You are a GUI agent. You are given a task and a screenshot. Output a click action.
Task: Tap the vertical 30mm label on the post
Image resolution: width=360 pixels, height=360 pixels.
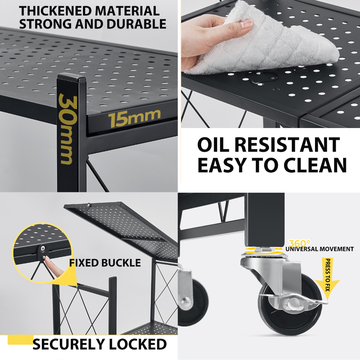pyautogui.click(x=67, y=129)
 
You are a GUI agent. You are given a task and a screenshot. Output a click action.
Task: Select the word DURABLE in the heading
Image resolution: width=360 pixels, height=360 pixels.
pyautogui.click(x=136, y=24)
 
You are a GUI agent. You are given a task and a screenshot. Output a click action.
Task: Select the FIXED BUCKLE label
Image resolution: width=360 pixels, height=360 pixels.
pyautogui.click(x=105, y=263)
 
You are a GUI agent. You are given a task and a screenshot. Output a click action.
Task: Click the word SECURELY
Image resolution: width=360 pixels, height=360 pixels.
pyautogui.click(x=69, y=344)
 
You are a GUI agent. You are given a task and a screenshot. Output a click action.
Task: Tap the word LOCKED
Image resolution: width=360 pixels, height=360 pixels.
pyautogui.click(x=137, y=344)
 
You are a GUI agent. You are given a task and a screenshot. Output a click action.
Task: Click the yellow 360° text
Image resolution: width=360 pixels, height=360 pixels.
pyautogui.click(x=300, y=243)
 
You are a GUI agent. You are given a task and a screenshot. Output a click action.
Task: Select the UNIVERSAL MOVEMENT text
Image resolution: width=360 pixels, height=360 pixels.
pyautogui.click(x=320, y=249)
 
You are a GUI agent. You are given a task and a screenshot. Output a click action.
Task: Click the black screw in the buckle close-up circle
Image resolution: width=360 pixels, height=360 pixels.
pyautogui.click(x=43, y=248)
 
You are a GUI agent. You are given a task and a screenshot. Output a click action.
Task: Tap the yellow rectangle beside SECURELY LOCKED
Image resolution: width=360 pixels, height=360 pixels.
pyautogui.click(x=20, y=340)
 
